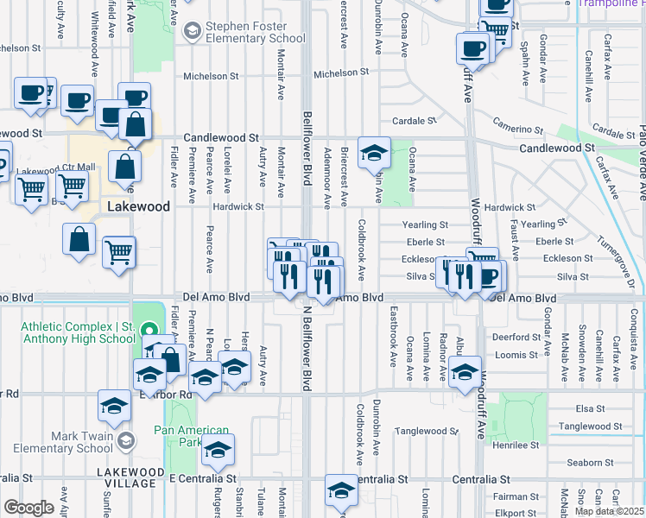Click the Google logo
click(28, 508)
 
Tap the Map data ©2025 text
click(609, 511)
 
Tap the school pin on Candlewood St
click(374, 154)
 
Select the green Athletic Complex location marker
click(148, 330)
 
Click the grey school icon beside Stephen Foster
click(192, 32)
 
